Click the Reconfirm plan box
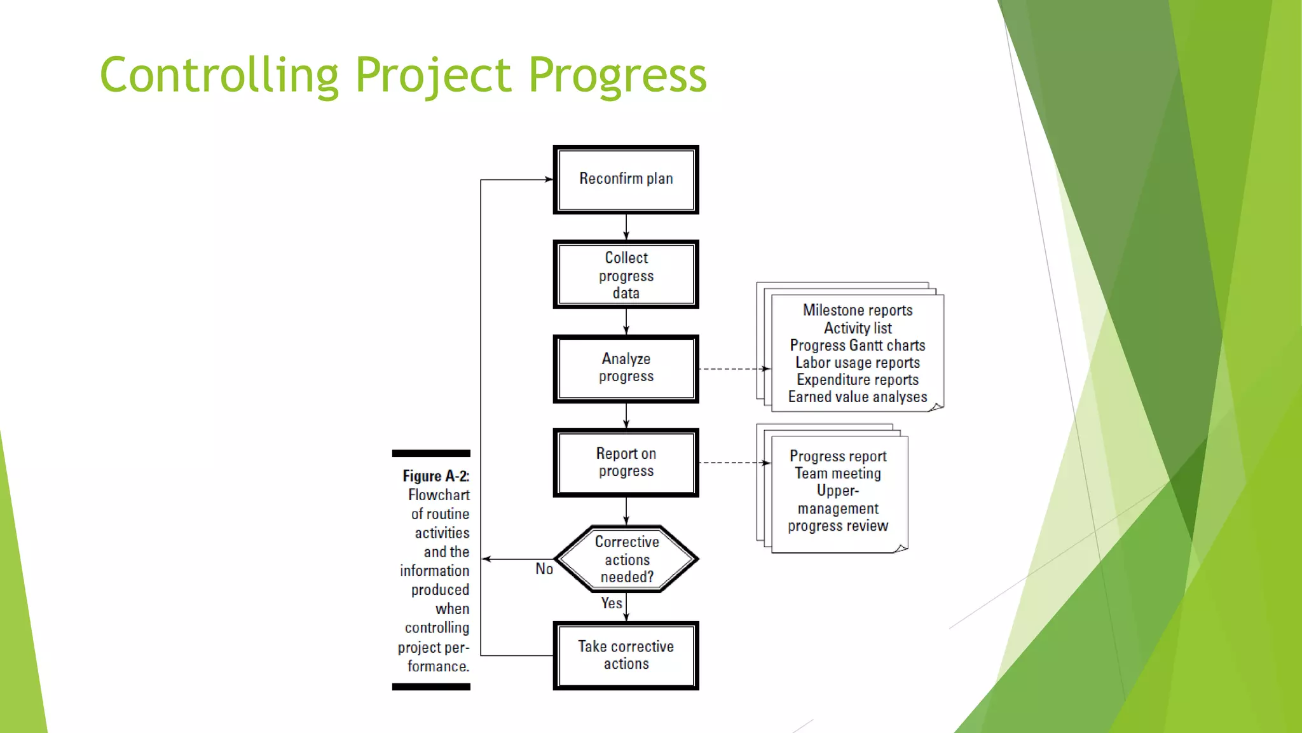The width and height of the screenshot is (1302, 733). (x=626, y=179)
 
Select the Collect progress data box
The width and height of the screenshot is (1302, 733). (x=626, y=275)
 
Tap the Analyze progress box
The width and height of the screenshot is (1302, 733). (x=626, y=368)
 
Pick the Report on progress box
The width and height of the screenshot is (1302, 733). (x=626, y=463)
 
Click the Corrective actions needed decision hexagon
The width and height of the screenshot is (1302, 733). (x=626, y=559)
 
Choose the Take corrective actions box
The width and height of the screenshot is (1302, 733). (x=626, y=655)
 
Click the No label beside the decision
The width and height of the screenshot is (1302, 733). (x=544, y=569)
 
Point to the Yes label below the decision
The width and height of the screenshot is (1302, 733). (x=612, y=603)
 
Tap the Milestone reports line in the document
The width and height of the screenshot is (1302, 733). (x=857, y=310)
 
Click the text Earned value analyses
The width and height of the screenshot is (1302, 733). (x=857, y=397)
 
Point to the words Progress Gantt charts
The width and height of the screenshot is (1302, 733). (x=857, y=345)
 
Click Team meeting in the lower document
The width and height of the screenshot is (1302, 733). (x=837, y=473)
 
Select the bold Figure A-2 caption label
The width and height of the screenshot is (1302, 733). (x=435, y=476)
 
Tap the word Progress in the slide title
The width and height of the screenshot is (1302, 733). (x=617, y=75)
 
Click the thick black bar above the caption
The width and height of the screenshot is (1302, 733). (x=431, y=453)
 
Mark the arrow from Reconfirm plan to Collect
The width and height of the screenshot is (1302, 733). (x=626, y=227)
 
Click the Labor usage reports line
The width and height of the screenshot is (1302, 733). (x=857, y=363)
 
